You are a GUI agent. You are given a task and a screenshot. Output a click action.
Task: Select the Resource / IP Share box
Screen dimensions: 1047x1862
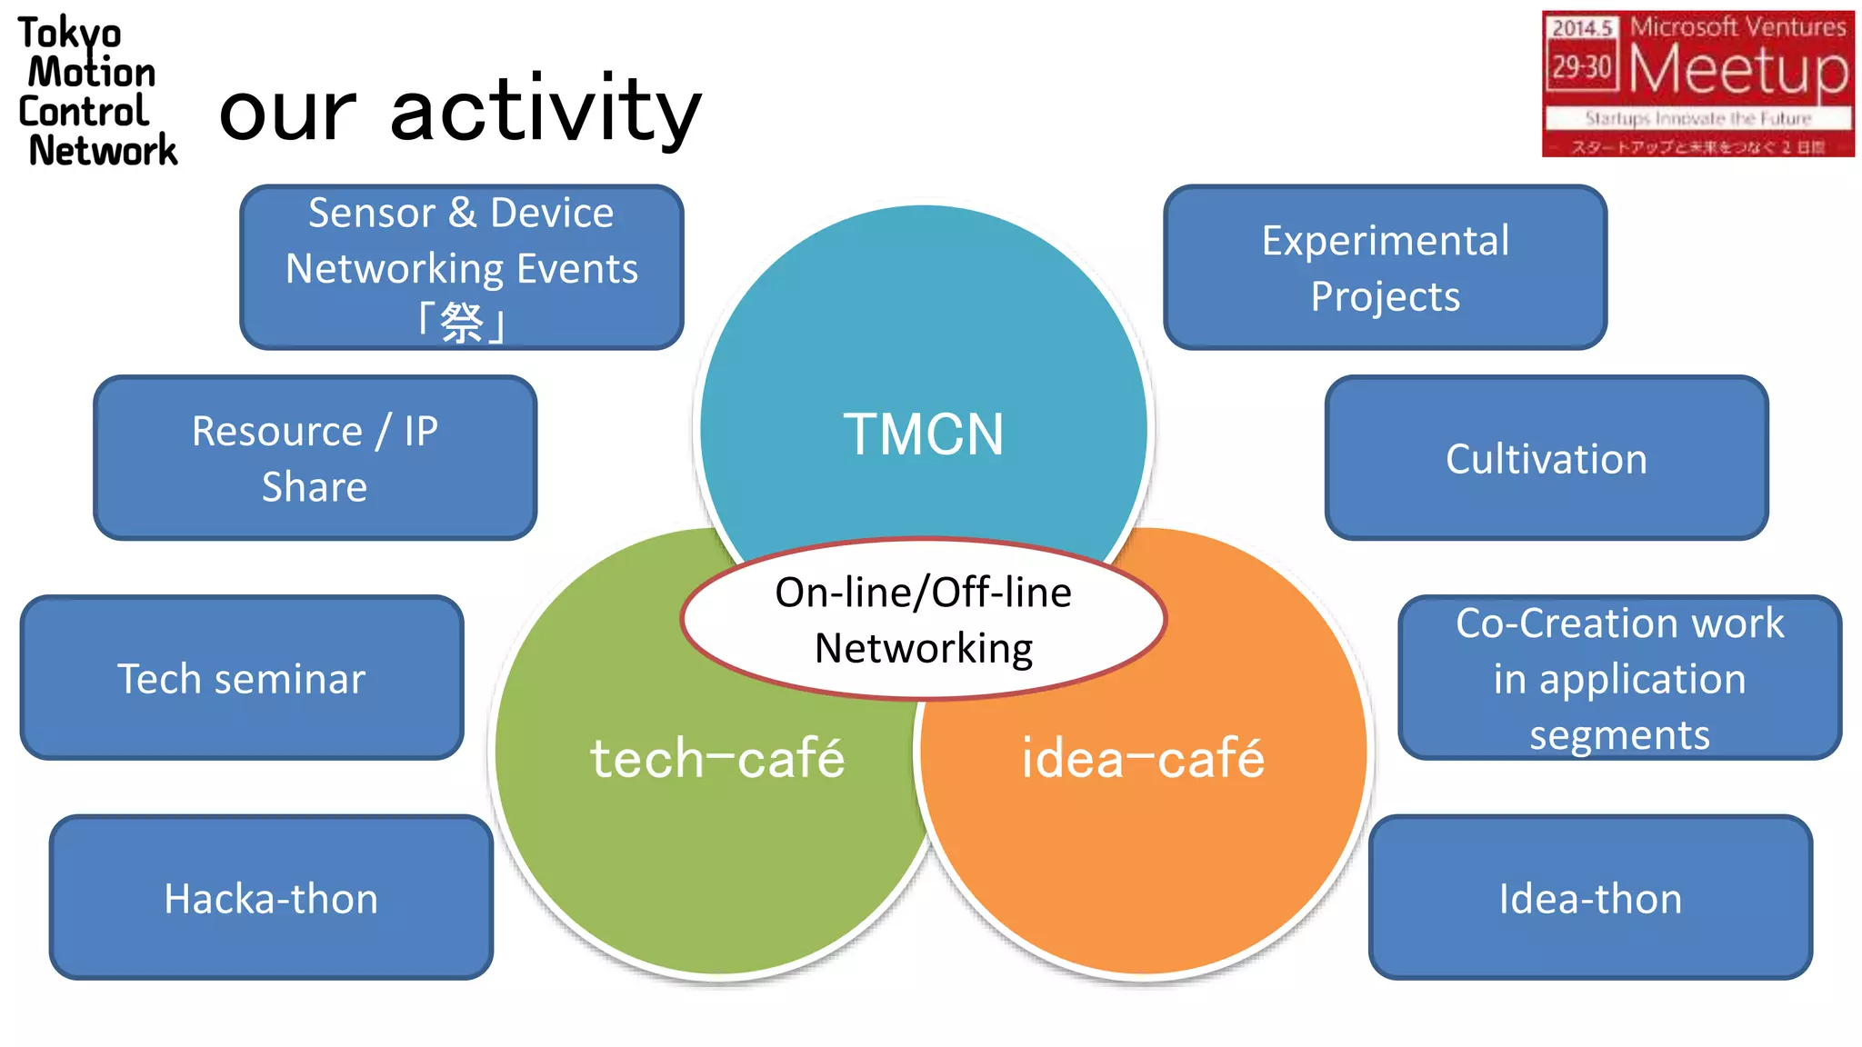coord(315,458)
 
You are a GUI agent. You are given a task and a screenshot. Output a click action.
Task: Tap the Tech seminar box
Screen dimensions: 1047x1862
coord(242,678)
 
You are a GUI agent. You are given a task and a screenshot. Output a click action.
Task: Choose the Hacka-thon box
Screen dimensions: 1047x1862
coord(271,898)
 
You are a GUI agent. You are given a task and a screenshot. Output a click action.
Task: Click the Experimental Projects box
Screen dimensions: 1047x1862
coord(1385,268)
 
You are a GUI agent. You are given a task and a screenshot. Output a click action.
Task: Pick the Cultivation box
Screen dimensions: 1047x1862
coord(1546,458)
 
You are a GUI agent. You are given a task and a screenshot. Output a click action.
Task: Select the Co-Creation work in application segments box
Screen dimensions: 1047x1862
coord(1619,678)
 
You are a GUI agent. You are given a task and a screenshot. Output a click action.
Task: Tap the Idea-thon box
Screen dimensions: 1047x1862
coord(1590,898)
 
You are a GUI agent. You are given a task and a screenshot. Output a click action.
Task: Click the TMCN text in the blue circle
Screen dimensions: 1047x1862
coord(923,434)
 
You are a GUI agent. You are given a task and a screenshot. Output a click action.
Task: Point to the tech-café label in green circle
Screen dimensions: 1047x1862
coord(717,758)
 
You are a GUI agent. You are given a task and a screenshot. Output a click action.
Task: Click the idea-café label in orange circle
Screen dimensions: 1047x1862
coord(1143,758)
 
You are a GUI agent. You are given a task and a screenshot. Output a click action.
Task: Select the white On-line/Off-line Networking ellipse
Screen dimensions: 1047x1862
coord(923,620)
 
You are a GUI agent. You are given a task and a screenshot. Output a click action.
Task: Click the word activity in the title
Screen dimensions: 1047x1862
coord(546,111)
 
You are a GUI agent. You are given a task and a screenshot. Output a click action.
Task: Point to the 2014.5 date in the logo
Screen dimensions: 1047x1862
coord(1582,28)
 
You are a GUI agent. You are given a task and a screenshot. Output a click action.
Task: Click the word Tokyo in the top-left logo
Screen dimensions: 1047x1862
coord(69,34)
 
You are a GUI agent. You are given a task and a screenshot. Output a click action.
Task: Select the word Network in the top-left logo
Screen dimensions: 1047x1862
coord(103,150)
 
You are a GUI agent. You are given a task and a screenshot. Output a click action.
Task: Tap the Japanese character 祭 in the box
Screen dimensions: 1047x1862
coord(462,323)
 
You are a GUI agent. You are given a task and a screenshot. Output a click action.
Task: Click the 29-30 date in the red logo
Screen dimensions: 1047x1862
coord(1582,67)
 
